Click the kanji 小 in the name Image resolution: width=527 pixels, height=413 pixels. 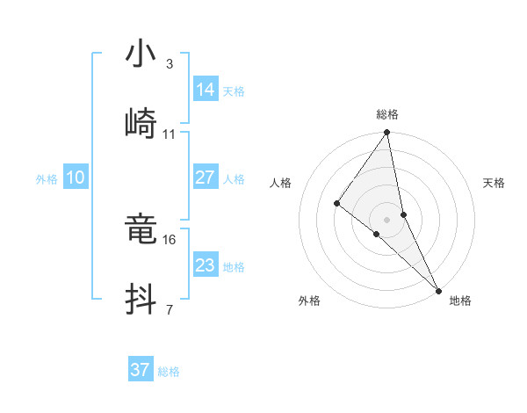(x=140, y=54)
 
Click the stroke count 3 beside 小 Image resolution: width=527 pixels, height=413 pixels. (x=169, y=64)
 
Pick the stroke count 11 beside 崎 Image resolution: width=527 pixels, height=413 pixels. (x=170, y=134)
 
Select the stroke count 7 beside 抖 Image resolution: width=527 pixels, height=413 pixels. (x=169, y=309)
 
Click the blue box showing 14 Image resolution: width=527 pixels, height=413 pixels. (x=206, y=89)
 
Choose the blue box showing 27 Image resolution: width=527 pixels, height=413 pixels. (x=206, y=178)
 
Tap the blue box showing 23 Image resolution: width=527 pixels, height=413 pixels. (x=206, y=264)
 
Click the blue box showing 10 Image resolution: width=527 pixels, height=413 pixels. (x=76, y=178)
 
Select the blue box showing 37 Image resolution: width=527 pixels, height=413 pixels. (x=141, y=370)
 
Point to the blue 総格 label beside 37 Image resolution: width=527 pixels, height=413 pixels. (x=169, y=372)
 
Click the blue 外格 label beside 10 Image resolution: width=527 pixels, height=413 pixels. (x=47, y=179)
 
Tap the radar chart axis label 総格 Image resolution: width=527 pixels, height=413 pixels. (x=387, y=114)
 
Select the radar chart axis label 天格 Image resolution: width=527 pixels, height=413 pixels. (x=494, y=183)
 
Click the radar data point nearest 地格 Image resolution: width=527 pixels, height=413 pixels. (x=438, y=289)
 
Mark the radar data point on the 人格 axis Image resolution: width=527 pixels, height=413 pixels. (x=336, y=203)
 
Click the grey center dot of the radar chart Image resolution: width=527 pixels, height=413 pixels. (x=387, y=219)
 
